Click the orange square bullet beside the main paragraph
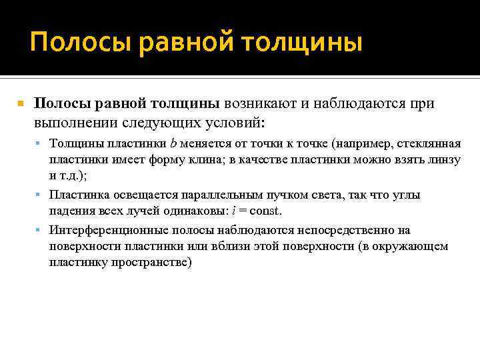pyautogui.click(x=21, y=105)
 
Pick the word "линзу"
pyautogui.click(x=442, y=160)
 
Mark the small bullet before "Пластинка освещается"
pyautogui.click(x=41, y=195)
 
